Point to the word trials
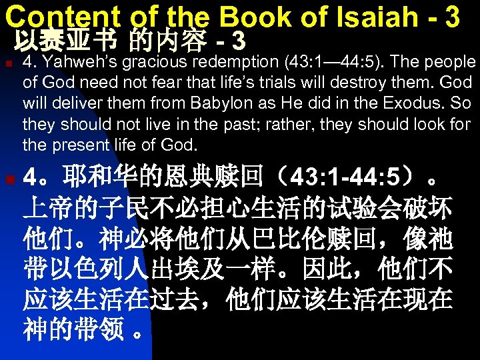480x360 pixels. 289,83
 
